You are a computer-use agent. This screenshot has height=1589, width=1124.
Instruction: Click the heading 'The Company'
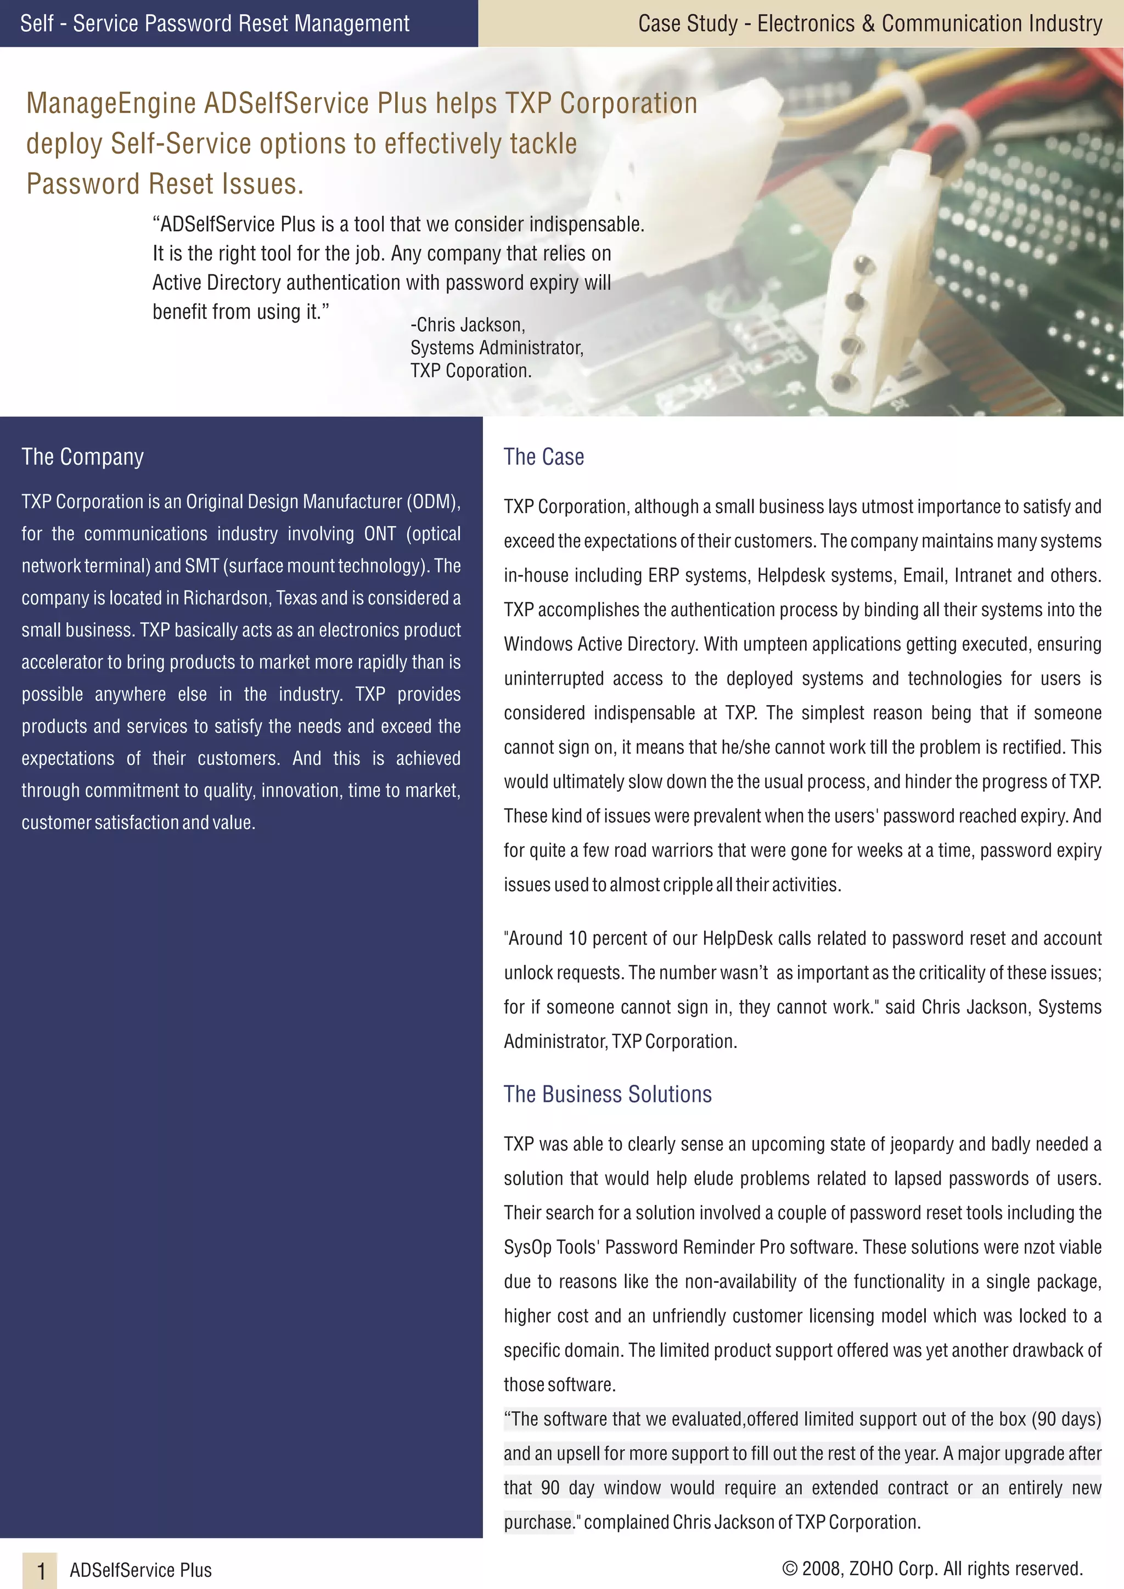[x=82, y=457]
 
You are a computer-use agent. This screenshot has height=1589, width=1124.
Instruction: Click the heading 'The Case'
[x=543, y=457]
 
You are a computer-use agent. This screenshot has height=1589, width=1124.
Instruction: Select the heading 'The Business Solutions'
[x=607, y=1094]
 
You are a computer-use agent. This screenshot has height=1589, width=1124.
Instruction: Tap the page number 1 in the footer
[x=41, y=1570]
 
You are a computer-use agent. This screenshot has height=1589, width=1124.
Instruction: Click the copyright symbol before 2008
[x=789, y=1568]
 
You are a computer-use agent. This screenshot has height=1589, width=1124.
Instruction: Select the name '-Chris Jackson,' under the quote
[x=468, y=325]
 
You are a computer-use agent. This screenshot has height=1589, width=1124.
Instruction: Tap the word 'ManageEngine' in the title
[x=111, y=103]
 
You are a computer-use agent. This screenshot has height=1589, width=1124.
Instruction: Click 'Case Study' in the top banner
[x=687, y=24]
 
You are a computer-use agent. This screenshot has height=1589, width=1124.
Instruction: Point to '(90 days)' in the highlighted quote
[x=1066, y=1419]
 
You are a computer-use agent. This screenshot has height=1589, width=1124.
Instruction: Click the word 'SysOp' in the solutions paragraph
[x=527, y=1247]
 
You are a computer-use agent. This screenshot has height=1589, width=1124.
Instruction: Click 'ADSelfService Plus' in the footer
[x=140, y=1570]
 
